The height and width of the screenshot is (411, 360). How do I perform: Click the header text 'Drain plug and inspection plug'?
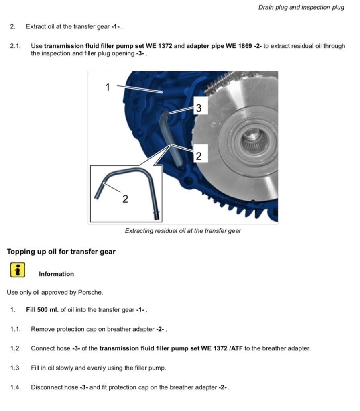301,8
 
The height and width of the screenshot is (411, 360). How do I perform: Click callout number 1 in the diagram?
107,87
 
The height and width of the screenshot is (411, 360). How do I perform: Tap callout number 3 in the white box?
199,108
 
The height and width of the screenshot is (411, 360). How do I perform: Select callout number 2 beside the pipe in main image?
199,155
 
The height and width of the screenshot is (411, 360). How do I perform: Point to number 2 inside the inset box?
125,198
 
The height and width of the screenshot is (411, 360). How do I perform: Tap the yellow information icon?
17,270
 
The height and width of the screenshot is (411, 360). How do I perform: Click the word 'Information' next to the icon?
56,274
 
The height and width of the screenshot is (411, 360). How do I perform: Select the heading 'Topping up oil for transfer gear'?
61,252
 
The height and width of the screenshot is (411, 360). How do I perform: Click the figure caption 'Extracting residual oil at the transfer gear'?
183,231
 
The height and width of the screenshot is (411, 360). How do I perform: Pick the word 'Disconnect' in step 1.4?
47,387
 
